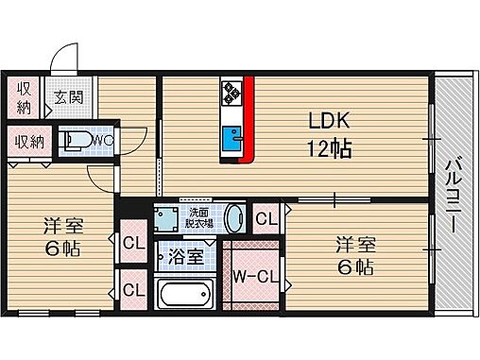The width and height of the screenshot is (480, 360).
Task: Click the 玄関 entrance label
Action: (x=67, y=95)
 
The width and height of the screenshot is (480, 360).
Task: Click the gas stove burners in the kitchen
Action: (x=232, y=93)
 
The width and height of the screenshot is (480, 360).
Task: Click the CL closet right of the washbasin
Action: (x=266, y=219)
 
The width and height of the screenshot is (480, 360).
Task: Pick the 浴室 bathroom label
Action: (x=186, y=256)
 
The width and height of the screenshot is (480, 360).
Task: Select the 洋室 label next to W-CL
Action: (x=354, y=245)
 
